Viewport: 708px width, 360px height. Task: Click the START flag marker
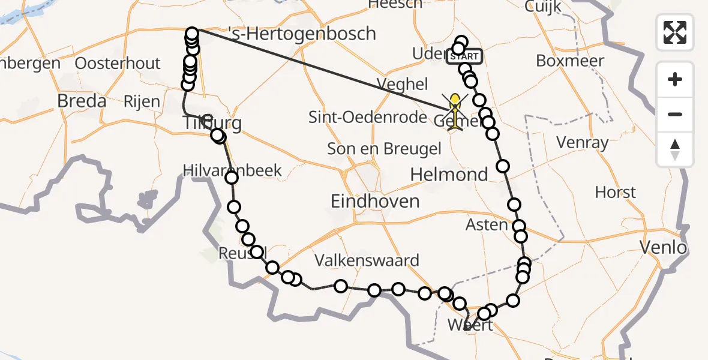coord(464,56)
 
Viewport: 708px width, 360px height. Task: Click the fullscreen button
coord(675,32)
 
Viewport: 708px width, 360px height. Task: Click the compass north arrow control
coord(675,149)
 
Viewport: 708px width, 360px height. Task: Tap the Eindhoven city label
coord(375,201)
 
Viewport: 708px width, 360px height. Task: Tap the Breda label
coord(82,101)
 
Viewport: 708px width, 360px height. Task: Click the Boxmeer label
coord(570,61)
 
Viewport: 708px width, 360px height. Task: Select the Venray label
coord(582,143)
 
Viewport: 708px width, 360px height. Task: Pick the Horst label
coord(615,193)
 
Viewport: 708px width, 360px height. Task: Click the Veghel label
coord(402,83)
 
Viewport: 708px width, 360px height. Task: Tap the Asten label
coord(487,224)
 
